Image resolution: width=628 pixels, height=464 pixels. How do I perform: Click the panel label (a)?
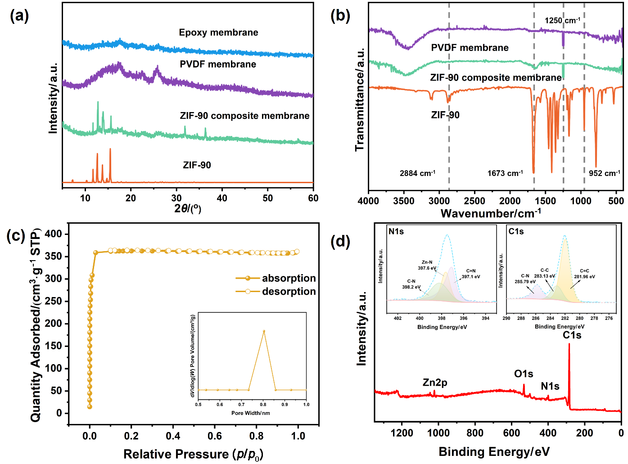pyautogui.click(x=19, y=16)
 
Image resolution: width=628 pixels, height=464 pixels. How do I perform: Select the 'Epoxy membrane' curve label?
pyautogui.click(x=218, y=32)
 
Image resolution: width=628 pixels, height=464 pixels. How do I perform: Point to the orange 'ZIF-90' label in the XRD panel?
pyautogui.click(x=197, y=165)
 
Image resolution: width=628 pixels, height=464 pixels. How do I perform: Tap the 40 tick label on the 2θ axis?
pyautogui.click(x=221, y=198)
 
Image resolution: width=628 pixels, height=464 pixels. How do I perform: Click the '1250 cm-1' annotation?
pyautogui.click(x=562, y=20)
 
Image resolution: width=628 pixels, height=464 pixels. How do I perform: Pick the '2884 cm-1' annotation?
pyautogui.click(x=417, y=173)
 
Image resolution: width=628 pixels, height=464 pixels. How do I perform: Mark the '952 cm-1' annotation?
pyautogui.click(x=604, y=173)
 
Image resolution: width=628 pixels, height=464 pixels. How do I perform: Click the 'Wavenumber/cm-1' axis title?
pyautogui.click(x=491, y=213)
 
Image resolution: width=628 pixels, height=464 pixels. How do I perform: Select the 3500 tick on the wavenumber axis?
pyautogui.click(x=404, y=201)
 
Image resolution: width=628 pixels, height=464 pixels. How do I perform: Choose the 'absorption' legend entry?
pyautogui.click(x=276, y=278)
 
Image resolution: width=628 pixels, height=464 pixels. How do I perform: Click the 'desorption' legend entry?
pyautogui.click(x=276, y=291)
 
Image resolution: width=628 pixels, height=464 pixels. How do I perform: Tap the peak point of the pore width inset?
pyautogui.click(x=264, y=331)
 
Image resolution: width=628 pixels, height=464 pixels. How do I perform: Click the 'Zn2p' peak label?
pyautogui.click(x=435, y=383)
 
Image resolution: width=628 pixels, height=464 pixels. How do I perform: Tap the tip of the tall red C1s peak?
pyautogui.click(x=569, y=344)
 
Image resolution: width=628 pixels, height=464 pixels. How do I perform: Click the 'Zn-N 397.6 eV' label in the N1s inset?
pyautogui.click(x=427, y=265)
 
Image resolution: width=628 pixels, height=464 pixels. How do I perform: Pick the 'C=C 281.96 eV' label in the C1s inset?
pyautogui.click(x=584, y=274)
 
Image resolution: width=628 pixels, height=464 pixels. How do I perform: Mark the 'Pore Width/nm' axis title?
pyautogui.click(x=251, y=413)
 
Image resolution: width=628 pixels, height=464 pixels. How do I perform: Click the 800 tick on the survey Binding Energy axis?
pyautogui.click(x=475, y=433)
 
